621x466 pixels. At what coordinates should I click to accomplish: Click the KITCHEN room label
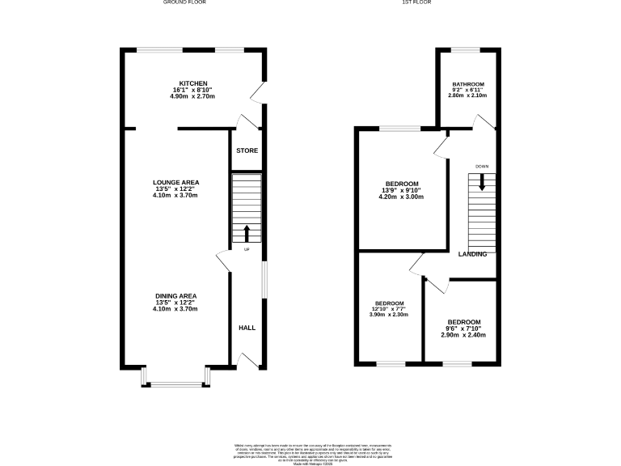(194, 84)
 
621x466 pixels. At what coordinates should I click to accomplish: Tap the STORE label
(247, 151)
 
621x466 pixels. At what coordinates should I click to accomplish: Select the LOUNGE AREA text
(176, 182)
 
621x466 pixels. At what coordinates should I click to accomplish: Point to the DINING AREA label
(176, 296)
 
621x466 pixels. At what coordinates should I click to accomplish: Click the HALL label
(247, 328)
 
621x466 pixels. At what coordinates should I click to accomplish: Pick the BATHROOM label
(468, 85)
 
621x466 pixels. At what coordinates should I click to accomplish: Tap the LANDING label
(472, 254)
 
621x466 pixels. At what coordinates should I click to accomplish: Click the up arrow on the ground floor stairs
(247, 234)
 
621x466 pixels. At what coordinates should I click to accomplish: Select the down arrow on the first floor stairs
(482, 183)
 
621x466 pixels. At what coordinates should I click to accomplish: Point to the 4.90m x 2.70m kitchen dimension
(194, 96)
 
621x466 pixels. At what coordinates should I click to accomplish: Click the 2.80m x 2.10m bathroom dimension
(468, 95)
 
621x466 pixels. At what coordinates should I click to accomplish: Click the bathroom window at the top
(466, 50)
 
